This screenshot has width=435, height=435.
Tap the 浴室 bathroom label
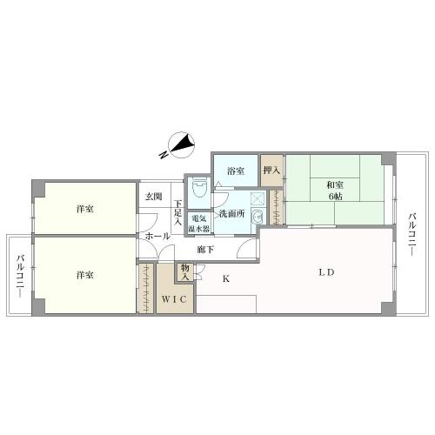pyautogui.click(x=234, y=171)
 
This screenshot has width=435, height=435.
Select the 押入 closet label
pyautogui.click(x=271, y=171)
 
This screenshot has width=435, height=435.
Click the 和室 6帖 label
pyautogui.click(x=335, y=190)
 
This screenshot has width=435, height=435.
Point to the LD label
pyautogui.click(x=325, y=272)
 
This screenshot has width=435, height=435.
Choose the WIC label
pyautogui.click(x=175, y=299)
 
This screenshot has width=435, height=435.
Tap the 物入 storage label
pyautogui.click(x=185, y=271)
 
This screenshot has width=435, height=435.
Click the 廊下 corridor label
pyautogui.click(x=206, y=250)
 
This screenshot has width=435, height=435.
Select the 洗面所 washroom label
pyautogui.click(x=231, y=213)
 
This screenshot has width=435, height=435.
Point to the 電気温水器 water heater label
pyautogui.click(x=200, y=224)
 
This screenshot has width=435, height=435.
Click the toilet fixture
pyautogui.click(x=198, y=185)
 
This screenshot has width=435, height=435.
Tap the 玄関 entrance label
pyautogui.click(x=153, y=197)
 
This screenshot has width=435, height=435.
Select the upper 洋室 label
pyautogui.click(x=84, y=209)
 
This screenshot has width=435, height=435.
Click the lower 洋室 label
pyautogui.click(x=84, y=275)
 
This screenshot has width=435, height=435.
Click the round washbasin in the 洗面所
pyautogui.click(x=257, y=217)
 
